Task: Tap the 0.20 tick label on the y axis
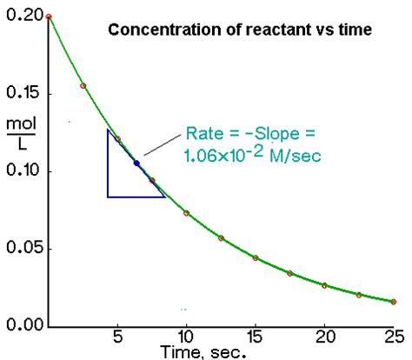click(x=18, y=15)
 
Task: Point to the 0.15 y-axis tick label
click(x=18, y=93)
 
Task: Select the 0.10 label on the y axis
click(x=18, y=171)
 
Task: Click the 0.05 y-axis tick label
click(x=18, y=249)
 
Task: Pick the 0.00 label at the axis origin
click(x=18, y=326)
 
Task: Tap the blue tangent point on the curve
click(x=136, y=163)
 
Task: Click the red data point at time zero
click(x=49, y=17)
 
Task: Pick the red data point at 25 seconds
click(x=394, y=302)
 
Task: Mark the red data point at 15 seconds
click(x=256, y=258)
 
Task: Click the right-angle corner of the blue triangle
click(x=108, y=197)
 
